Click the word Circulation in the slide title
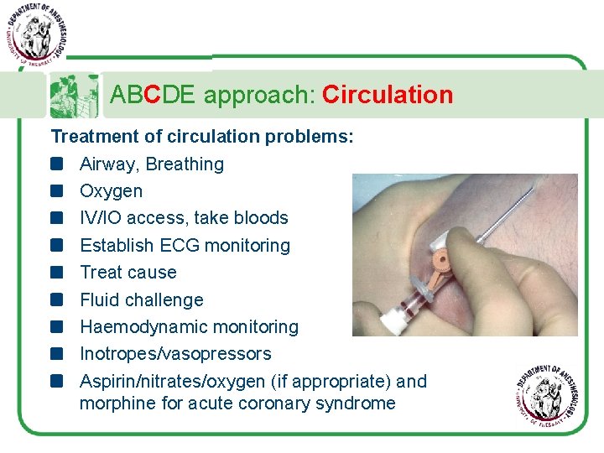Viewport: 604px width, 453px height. click(387, 95)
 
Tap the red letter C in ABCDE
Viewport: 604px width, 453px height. click(152, 95)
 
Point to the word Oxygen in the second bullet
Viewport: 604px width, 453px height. click(111, 191)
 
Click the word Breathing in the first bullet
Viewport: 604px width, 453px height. click(185, 164)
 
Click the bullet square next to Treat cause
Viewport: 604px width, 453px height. click(56, 273)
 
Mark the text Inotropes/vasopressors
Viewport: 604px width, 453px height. click(175, 354)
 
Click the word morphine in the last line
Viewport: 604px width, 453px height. click(116, 404)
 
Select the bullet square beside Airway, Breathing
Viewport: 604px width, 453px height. click(56, 164)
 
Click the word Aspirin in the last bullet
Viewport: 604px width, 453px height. click(107, 382)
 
